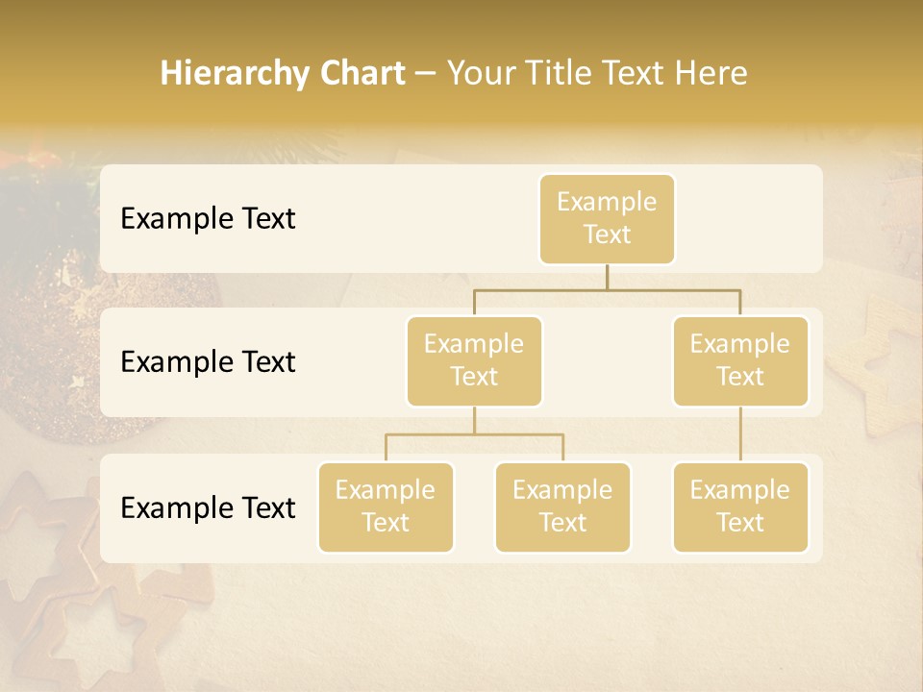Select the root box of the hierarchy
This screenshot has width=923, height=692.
[607, 219]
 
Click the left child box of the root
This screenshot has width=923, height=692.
[474, 361]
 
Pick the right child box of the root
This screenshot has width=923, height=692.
[740, 361]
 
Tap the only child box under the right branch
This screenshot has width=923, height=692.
[740, 507]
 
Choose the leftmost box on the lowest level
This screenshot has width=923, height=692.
[386, 507]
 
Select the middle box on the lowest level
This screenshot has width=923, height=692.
[562, 507]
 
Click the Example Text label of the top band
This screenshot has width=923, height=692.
[208, 219]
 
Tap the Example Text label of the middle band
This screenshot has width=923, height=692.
[208, 362]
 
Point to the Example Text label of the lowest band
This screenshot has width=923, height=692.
[208, 507]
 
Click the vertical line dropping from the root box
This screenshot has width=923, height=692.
[607, 277]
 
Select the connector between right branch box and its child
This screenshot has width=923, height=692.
[740, 434]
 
